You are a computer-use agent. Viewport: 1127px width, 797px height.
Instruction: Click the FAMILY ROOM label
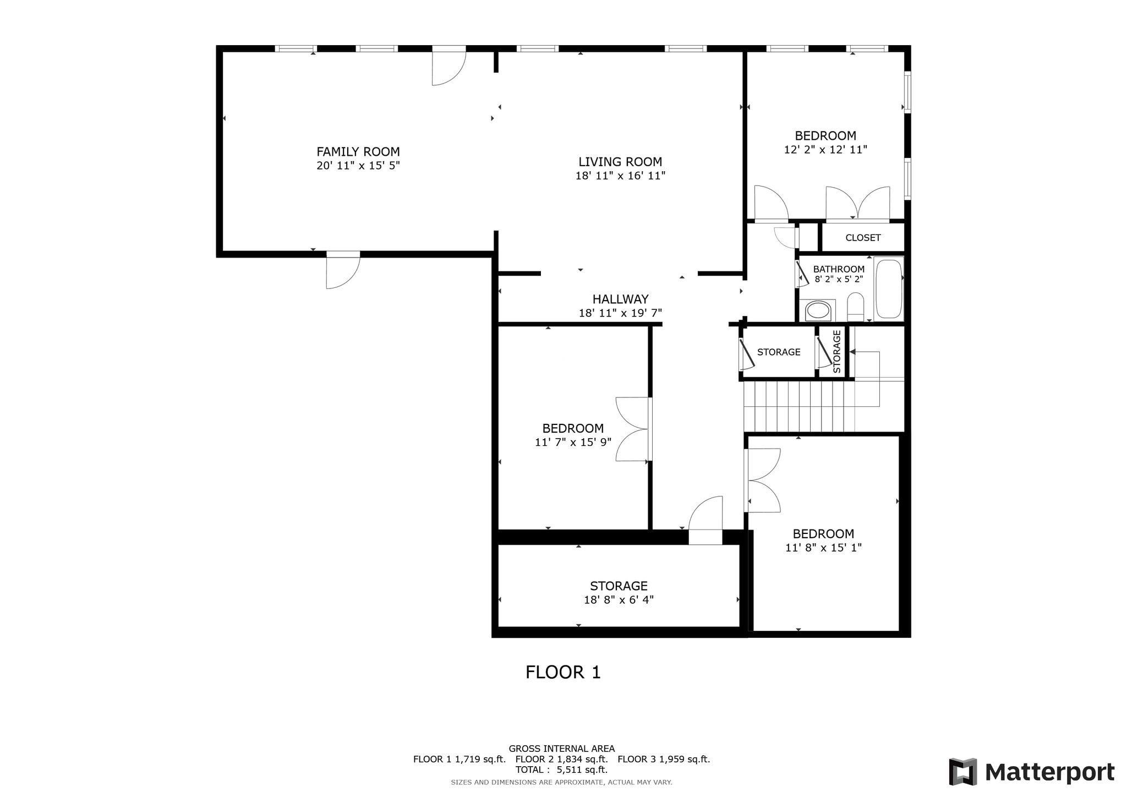pos(358,152)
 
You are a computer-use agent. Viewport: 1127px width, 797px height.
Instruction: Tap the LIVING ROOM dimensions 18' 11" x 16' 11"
pos(620,176)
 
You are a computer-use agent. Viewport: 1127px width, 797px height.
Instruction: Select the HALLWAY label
pos(620,299)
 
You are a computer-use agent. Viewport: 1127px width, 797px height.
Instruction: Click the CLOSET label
pos(863,238)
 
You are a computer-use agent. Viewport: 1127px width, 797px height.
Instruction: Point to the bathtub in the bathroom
pos(888,289)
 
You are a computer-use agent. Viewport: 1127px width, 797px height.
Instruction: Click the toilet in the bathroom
pos(856,307)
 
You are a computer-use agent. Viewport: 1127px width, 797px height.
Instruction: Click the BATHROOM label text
pos(839,269)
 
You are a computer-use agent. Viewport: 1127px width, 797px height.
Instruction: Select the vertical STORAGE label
pos(837,352)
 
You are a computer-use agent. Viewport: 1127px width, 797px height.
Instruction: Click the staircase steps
pos(799,407)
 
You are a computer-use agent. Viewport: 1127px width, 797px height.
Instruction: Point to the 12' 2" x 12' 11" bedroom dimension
pos(825,150)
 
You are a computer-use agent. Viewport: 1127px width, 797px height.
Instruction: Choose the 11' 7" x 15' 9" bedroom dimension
pos(573,442)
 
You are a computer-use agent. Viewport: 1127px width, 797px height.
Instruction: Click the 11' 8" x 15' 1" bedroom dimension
pos(823,548)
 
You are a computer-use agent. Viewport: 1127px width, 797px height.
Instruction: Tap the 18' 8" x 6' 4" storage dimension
pos(619,600)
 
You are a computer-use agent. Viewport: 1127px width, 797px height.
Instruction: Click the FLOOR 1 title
pos(563,672)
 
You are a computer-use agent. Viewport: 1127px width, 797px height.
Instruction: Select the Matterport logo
pos(1032,772)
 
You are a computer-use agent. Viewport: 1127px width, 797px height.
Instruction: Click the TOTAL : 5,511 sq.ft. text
pos(561,770)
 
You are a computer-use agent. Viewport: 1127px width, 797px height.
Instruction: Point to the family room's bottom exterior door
pos(343,270)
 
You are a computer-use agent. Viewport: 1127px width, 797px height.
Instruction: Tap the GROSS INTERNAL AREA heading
pos(561,749)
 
